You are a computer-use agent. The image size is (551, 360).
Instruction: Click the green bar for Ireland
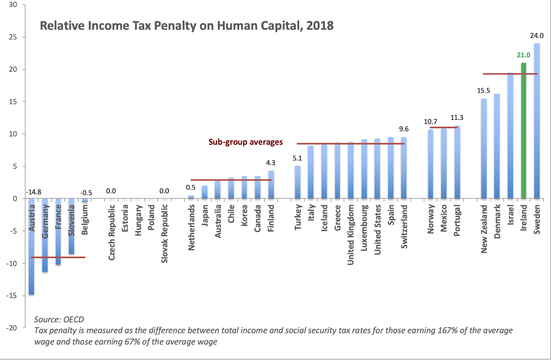point(523,131)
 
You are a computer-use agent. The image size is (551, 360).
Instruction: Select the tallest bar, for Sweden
point(537,121)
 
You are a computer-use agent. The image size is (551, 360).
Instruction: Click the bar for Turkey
point(298,183)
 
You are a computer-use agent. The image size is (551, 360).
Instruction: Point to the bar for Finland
point(271,185)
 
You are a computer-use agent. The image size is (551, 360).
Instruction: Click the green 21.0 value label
point(523,55)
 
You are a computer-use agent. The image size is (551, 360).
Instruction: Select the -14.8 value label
point(34,192)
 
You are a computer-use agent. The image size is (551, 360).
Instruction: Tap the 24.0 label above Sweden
point(537,35)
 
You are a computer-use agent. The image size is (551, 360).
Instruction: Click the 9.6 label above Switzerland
point(404,129)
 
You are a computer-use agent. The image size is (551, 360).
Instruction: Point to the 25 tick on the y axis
point(13,37)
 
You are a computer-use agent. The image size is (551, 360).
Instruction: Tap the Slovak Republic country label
point(164,234)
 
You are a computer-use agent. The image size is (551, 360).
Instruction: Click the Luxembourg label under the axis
point(364,228)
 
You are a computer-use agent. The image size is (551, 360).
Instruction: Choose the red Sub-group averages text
point(246,142)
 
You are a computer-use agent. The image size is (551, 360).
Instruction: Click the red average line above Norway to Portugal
point(444,127)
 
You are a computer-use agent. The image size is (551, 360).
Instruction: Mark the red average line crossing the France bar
point(58,257)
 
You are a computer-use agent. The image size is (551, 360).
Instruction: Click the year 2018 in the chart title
point(320,26)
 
